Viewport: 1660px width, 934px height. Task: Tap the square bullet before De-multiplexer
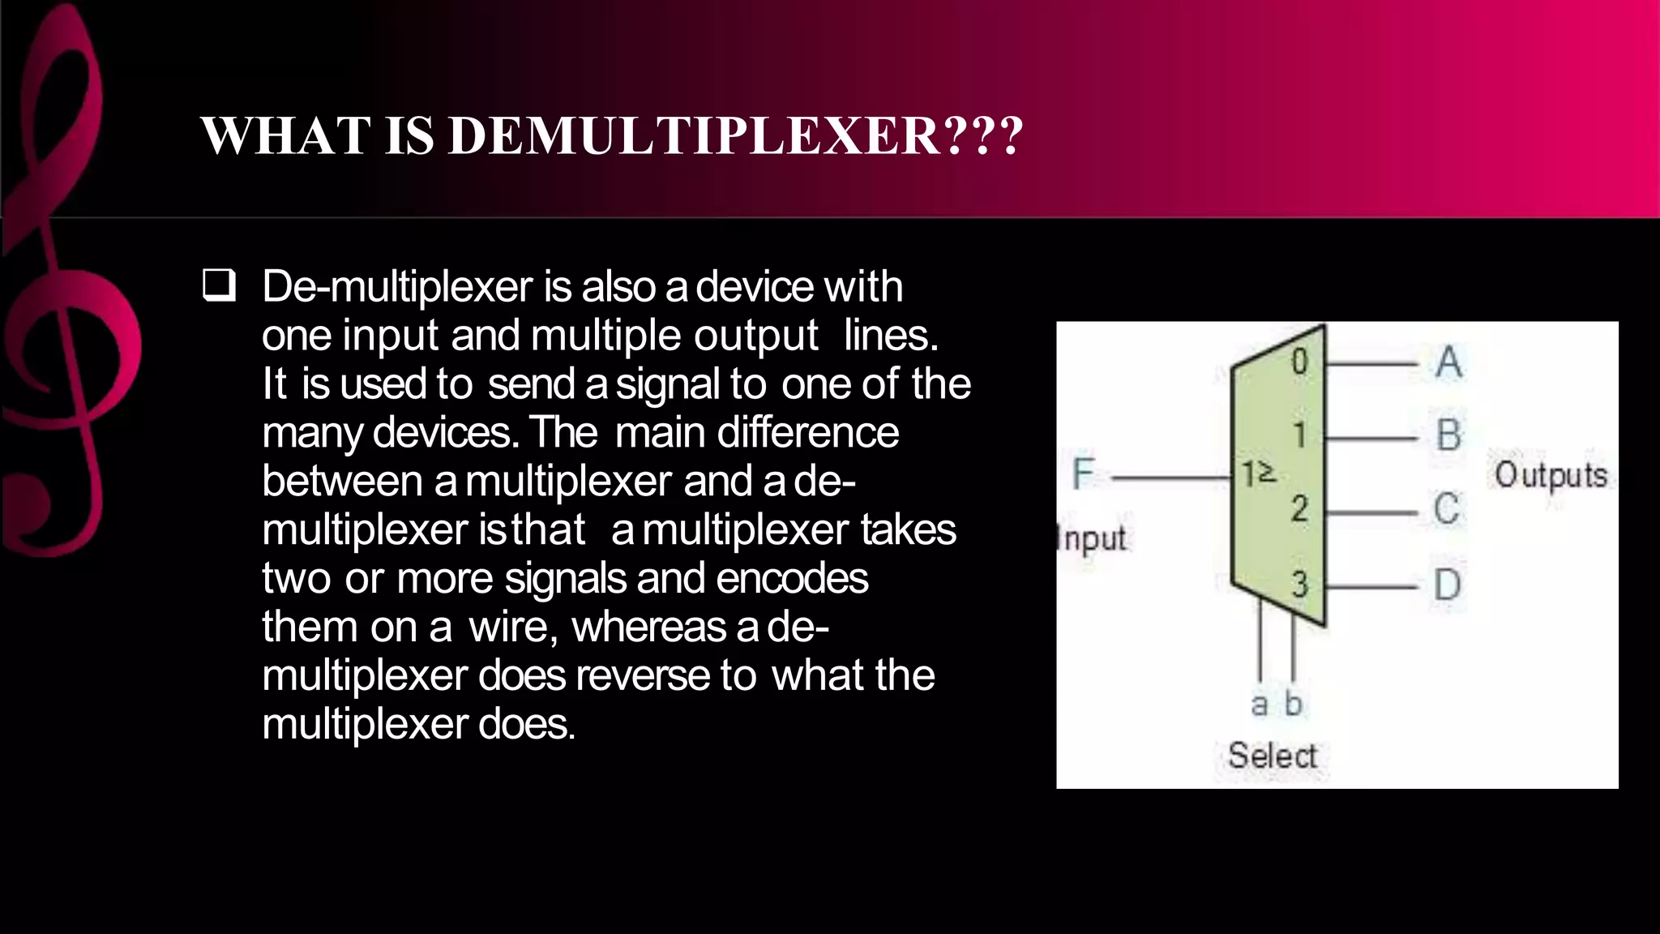click(219, 286)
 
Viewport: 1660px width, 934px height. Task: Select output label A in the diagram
click(1448, 362)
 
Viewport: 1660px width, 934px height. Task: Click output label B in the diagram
click(1448, 435)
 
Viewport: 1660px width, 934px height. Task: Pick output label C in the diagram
click(1447, 509)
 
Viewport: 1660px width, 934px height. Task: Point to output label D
click(1447, 584)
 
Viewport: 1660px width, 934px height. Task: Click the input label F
click(1083, 473)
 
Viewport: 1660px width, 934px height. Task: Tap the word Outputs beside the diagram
click(1551, 475)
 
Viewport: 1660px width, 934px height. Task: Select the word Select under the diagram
click(1272, 756)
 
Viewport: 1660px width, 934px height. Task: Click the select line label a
click(1259, 704)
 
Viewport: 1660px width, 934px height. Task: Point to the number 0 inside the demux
click(1299, 362)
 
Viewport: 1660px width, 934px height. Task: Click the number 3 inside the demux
click(1300, 584)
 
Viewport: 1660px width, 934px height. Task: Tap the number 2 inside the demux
click(1300, 509)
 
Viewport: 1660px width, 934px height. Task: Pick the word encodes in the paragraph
click(792, 578)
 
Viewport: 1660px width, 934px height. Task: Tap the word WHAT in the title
click(285, 135)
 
